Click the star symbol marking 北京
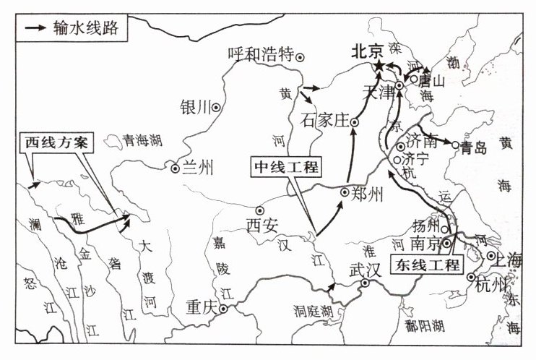pyautogui.click(x=379, y=67)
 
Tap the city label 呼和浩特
pyautogui.click(x=259, y=55)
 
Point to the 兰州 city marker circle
pyautogui.click(x=175, y=168)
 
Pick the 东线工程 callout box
pyautogui.click(x=428, y=265)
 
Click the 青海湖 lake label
pyautogui.click(x=139, y=142)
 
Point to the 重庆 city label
pyautogui.click(x=200, y=307)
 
